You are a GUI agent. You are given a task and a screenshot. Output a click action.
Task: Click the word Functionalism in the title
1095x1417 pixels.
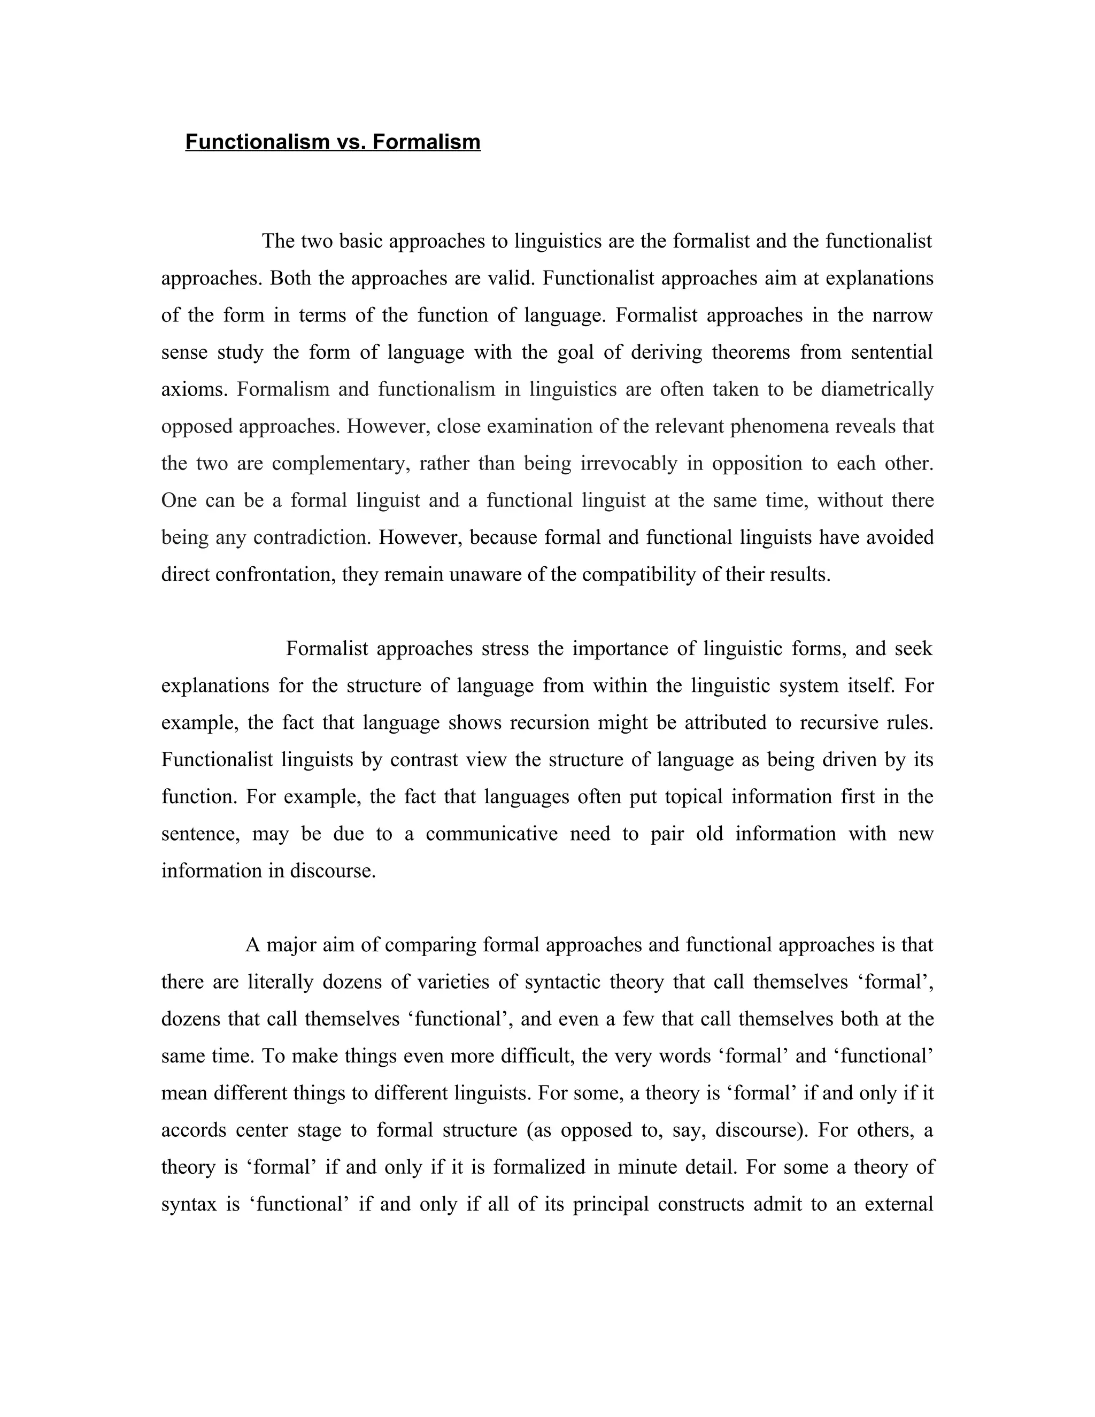click(258, 142)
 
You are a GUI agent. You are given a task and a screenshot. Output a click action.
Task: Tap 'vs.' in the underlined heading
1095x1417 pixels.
click(351, 142)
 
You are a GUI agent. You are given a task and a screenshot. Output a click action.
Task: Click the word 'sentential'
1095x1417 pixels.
click(891, 352)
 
